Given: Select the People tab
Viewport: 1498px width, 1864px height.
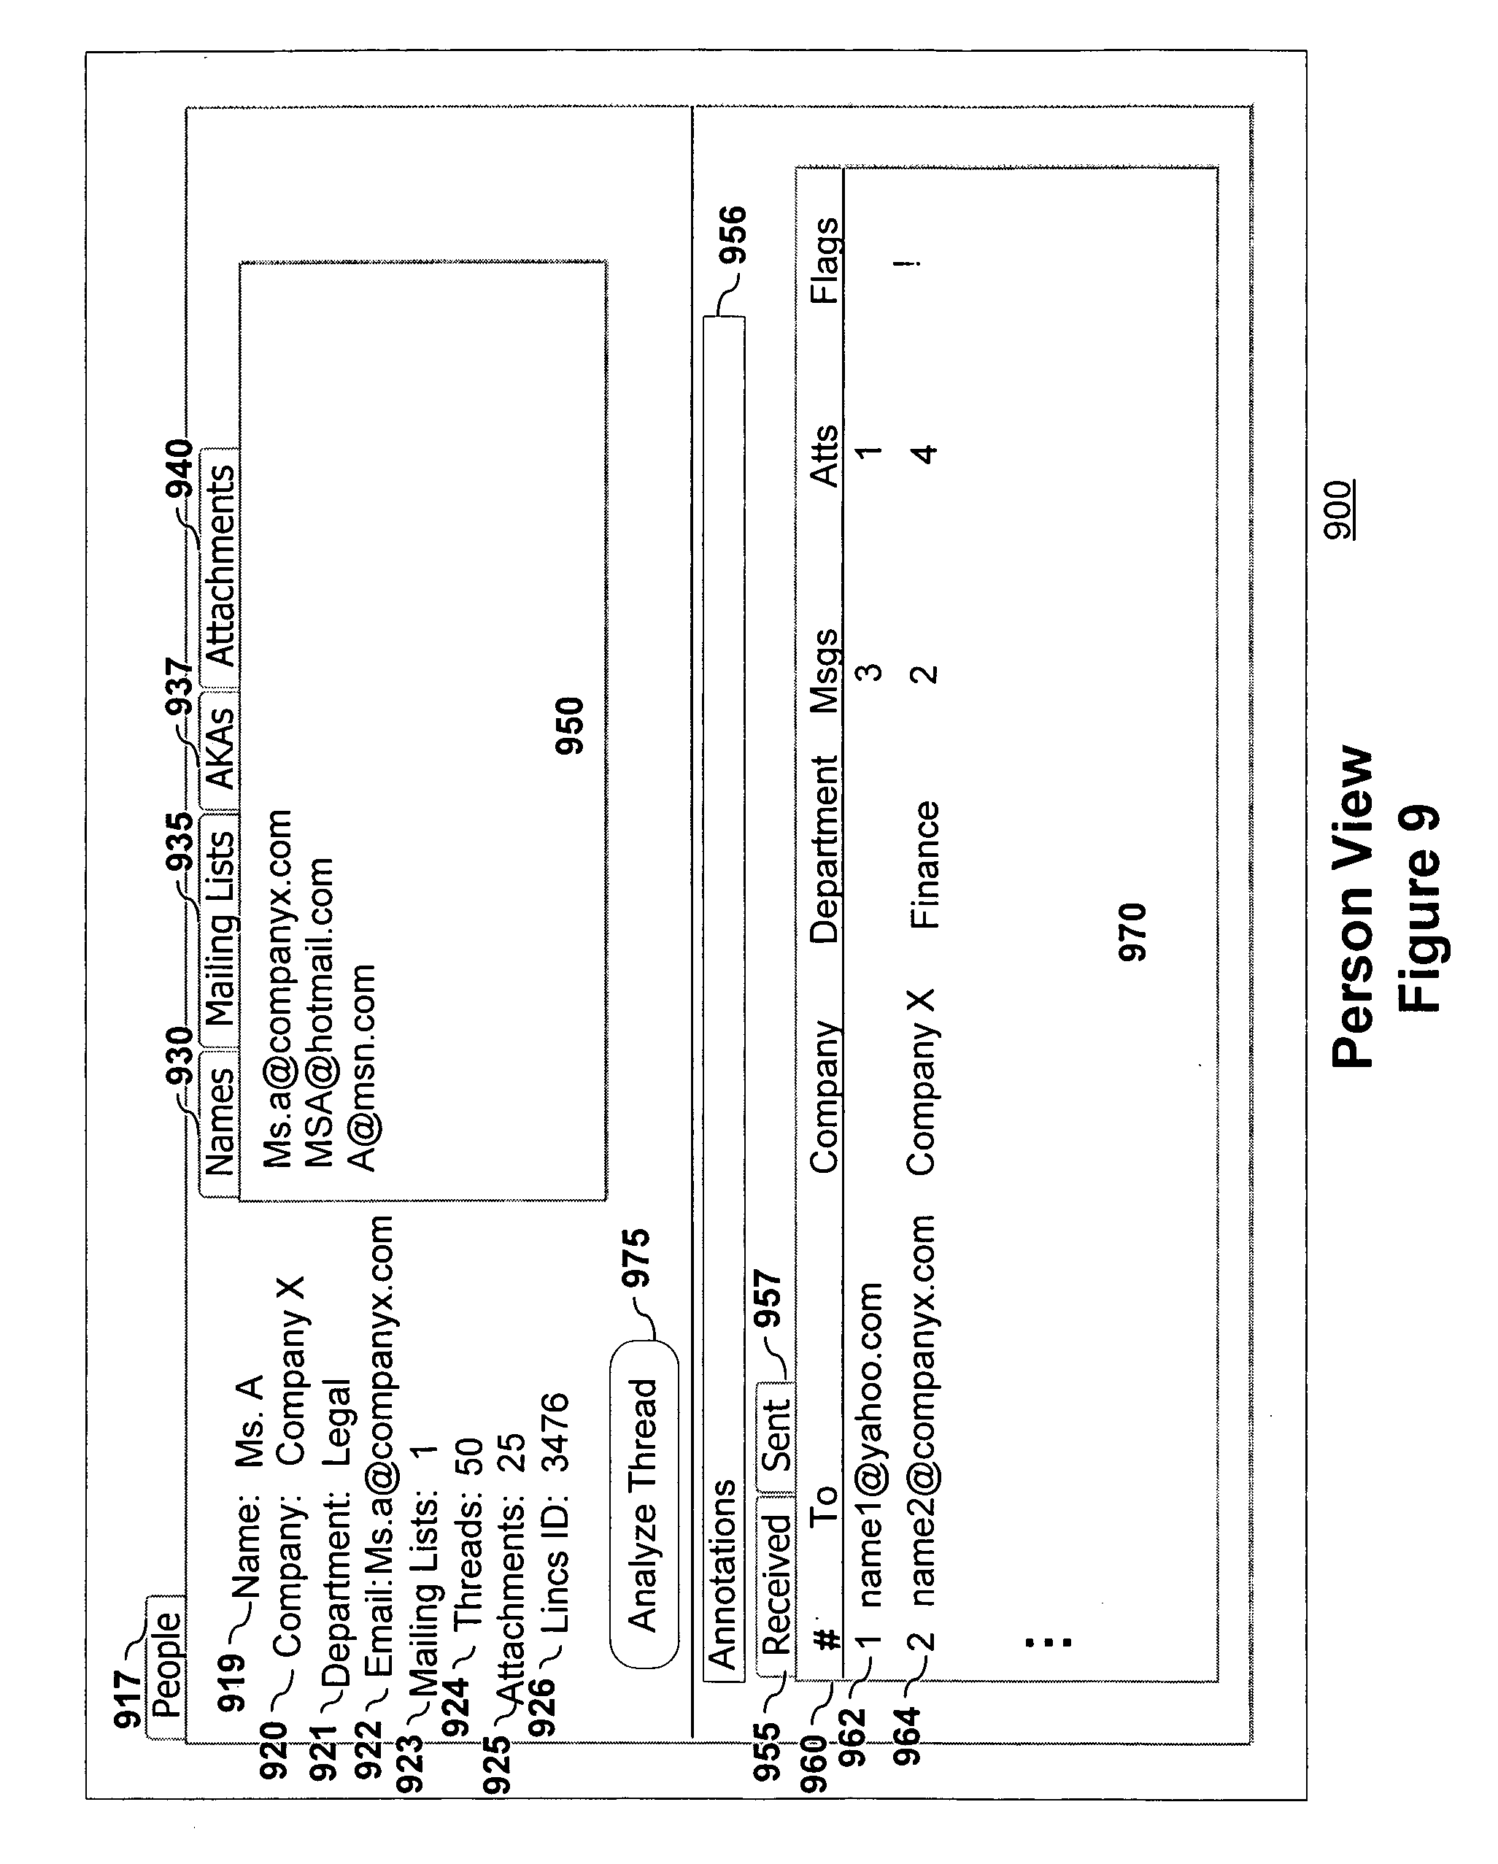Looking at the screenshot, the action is coord(166,1667).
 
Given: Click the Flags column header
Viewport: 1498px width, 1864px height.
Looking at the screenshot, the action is coord(825,261).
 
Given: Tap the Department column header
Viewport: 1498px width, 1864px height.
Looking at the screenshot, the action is coord(825,850).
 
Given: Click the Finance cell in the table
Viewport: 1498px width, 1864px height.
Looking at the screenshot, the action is coord(925,866).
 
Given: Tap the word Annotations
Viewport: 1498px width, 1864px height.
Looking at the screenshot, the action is coord(722,1574).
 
